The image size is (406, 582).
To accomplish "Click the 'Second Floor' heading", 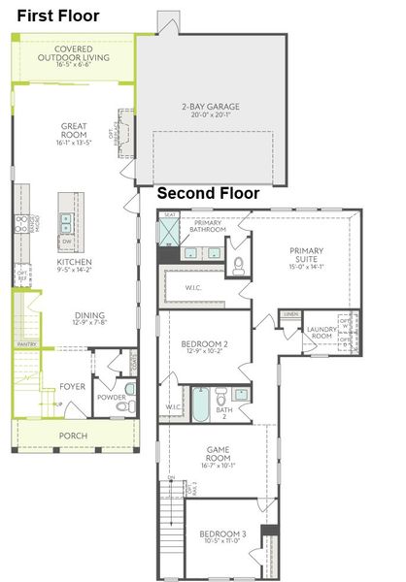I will click(x=208, y=194).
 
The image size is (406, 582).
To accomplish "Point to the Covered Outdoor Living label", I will click(x=81, y=52).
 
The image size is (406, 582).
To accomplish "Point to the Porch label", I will click(x=73, y=436).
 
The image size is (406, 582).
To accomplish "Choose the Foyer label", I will click(x=73, y=386).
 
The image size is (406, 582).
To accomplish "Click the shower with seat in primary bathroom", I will click(x=171, y=232).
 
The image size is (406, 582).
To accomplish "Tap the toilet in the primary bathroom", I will click(x=237, y=264).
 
